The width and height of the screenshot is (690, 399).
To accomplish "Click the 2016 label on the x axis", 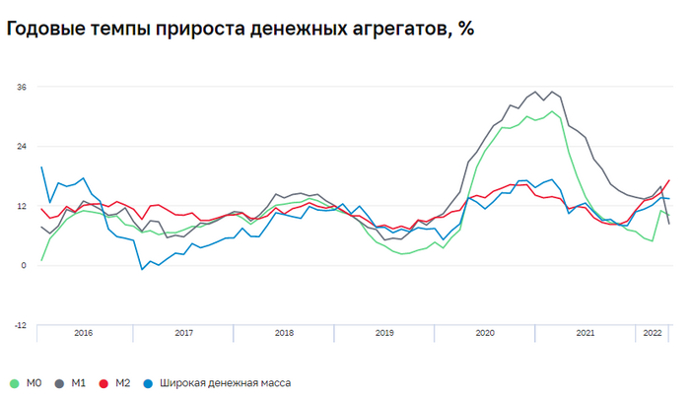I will (x=84, y=334).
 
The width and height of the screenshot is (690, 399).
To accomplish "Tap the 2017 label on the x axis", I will (x=184, y=334).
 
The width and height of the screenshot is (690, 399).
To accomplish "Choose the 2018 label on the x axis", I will (x=285, y=334).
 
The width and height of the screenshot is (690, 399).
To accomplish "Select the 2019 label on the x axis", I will (x=384, y=334).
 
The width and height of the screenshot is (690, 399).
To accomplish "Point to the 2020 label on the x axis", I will (x=485, y=334).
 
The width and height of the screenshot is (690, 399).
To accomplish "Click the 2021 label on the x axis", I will (x=585, y=334).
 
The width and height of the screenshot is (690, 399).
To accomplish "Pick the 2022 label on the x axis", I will (x=653, y=334).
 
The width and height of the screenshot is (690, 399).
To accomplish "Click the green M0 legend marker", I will (x=14, y=382).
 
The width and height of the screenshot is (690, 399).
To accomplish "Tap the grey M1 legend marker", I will (x=59, y=382).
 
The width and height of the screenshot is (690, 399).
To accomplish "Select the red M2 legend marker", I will (x=104, y=382).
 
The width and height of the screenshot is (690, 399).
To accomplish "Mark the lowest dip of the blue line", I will (x=142, y=269).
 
